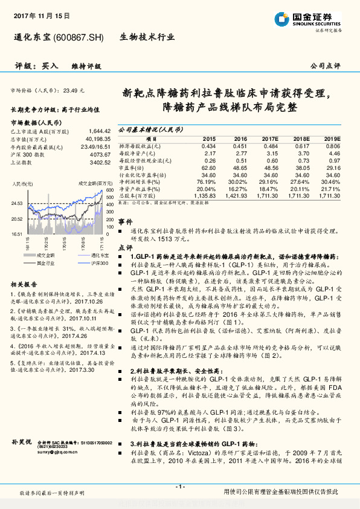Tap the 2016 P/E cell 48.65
[239, 167]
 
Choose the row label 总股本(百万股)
[138, 196]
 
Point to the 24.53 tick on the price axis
[17, 204]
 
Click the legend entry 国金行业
[43, 246]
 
